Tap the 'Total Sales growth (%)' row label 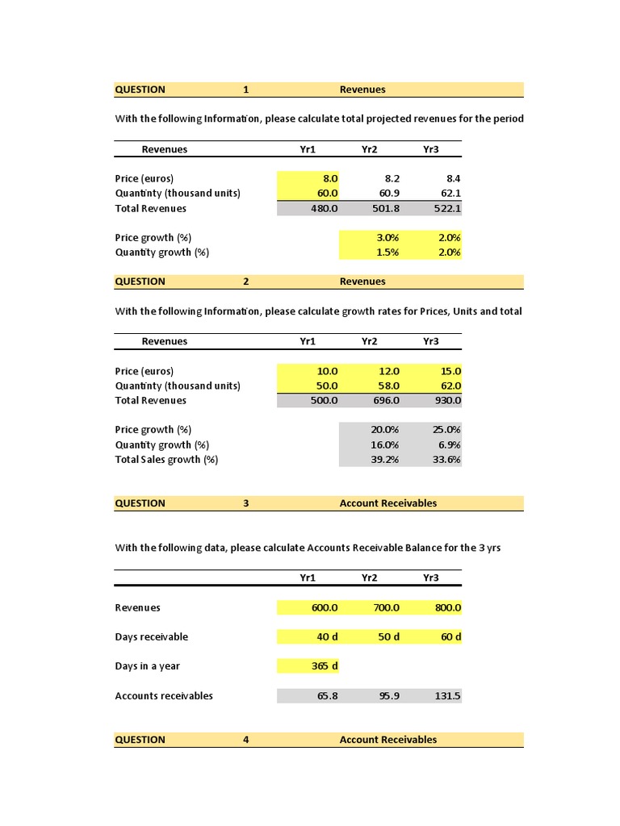(166, 460)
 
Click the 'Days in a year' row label (148, 666)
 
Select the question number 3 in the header (246, 503)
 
